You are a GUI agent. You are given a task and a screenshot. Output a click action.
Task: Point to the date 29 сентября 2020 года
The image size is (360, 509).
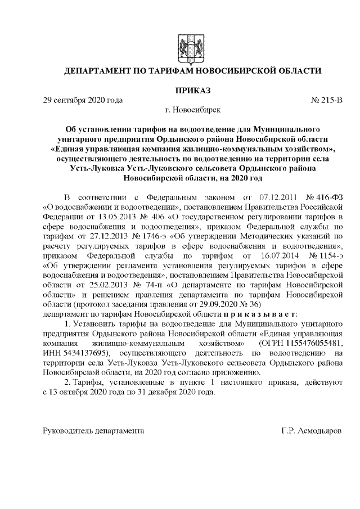[x=83, y=100]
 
